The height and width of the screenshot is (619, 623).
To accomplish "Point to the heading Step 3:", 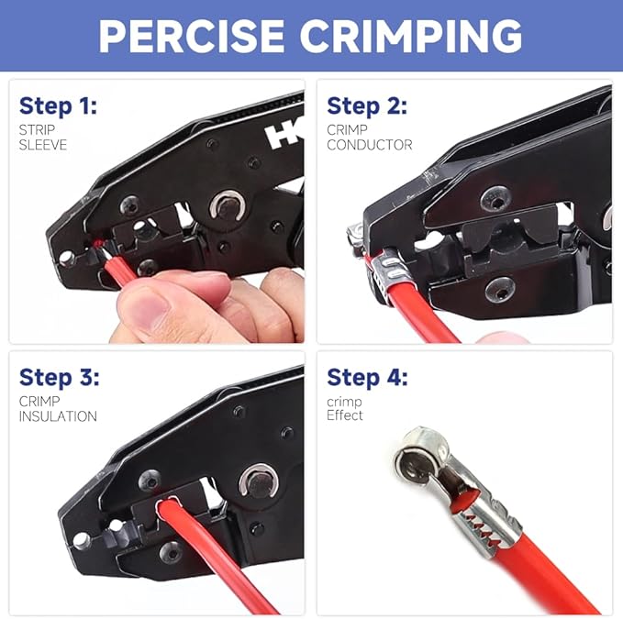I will point(59,377).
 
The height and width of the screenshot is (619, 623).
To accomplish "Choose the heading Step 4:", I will point(367,377).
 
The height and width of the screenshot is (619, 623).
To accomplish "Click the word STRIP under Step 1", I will point(37,129).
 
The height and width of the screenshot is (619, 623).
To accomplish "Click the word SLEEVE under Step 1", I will point(43,144).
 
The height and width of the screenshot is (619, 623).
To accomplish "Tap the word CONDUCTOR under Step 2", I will point(370,144).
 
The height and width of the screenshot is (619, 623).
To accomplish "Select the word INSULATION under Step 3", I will point(58,416).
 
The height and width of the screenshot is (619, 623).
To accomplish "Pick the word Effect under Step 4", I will point(345,415).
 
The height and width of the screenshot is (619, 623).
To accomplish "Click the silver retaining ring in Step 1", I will point(224,207).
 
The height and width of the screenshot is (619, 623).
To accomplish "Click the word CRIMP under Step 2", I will point(347,129).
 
